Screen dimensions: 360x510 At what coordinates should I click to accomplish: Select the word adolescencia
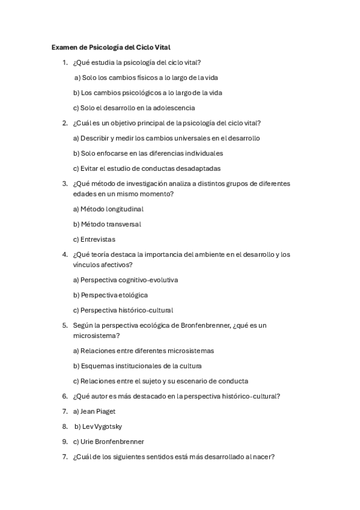tap(175, 108)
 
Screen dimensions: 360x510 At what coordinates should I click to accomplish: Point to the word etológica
tap(133, 295)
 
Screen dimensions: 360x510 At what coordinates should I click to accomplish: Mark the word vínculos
tap(87, 265)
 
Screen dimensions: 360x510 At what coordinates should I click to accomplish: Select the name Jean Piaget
tap(98, 411)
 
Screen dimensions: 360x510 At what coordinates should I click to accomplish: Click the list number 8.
tap(64, 426)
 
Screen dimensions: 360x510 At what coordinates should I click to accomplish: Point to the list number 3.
tap(64, 183)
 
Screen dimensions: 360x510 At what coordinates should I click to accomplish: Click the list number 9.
tap(64, 441)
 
